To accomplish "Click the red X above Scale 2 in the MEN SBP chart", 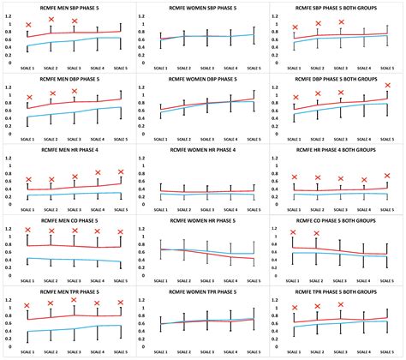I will (51, 19).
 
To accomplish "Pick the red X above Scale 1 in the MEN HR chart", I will (28, 180).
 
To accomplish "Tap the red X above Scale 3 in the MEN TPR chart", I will (75, 300).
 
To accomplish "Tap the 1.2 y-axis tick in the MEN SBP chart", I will (9, 16).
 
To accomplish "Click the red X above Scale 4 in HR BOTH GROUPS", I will (364, 181).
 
